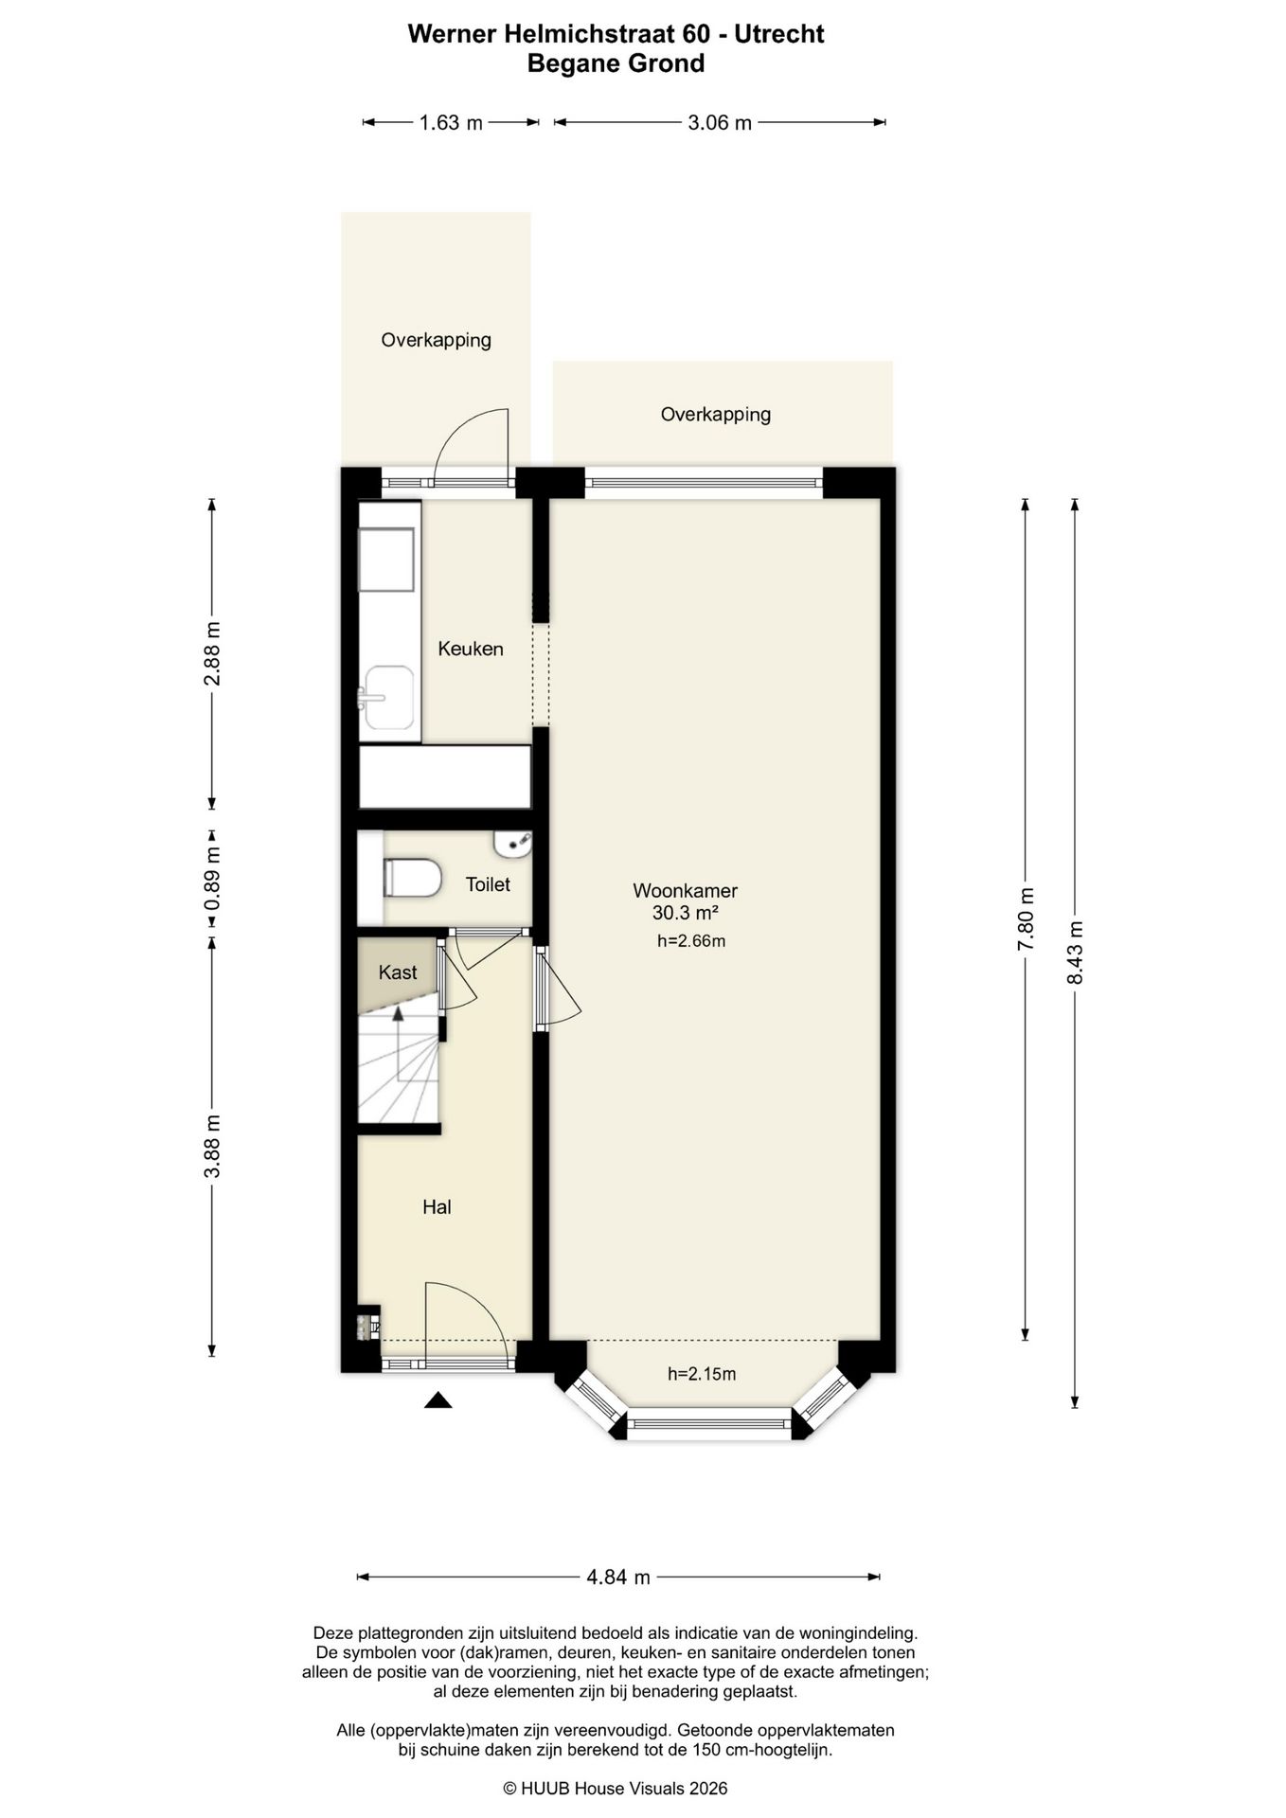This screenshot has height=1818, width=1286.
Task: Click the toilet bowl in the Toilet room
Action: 412,878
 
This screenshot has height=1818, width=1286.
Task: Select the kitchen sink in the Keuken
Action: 389,698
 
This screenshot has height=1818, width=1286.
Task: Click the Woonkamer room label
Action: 685,890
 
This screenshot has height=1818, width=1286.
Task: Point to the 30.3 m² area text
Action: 685,913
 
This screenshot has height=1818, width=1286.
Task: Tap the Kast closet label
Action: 398,972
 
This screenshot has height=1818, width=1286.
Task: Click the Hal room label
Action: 437,1207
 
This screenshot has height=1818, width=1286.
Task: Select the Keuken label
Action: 471,649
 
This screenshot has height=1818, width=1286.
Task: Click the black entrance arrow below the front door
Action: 438,1399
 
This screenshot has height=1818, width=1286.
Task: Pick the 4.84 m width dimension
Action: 618,1577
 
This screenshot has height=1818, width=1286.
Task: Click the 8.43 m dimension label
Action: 1075,953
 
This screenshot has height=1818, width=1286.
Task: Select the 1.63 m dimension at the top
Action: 451,122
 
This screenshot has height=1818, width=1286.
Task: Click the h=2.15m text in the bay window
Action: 702,1374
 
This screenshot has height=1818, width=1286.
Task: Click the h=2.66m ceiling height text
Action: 691,941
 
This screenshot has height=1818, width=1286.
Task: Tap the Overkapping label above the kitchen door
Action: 436,340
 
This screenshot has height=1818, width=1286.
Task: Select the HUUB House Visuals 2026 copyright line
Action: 616,1788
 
